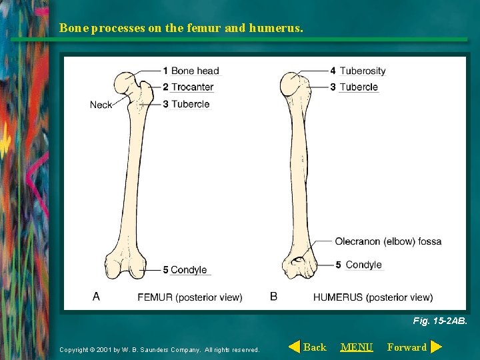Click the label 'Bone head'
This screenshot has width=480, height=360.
[x=195, y=71]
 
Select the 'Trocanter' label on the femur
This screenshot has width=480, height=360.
[x=192, y=87]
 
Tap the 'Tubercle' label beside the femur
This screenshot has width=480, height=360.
[x=190, y=104]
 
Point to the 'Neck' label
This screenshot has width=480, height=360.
[x=101, y=105]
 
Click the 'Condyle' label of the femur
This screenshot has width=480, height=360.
[x=189, y=270]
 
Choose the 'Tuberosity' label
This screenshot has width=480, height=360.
[x=362, y=71]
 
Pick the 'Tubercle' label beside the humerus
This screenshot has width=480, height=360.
[x=358, y=87]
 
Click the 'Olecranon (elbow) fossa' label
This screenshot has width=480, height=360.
[x=388, y=241]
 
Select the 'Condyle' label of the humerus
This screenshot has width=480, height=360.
[x=363, y=265]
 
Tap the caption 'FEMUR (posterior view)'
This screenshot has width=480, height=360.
[x=190, y=297]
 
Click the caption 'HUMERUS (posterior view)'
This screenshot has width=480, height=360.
[x=373, y=297]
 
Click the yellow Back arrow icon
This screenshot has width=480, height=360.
[x=293, y=347]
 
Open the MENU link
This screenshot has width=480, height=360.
[x=357, y=347]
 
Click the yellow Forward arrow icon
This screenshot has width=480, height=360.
[x=436, y=347]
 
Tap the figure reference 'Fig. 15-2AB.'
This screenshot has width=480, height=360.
[x=440, y=321]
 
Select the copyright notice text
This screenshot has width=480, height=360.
[x=159, y=349]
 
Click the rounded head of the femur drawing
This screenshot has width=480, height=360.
[x=125, y=83]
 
